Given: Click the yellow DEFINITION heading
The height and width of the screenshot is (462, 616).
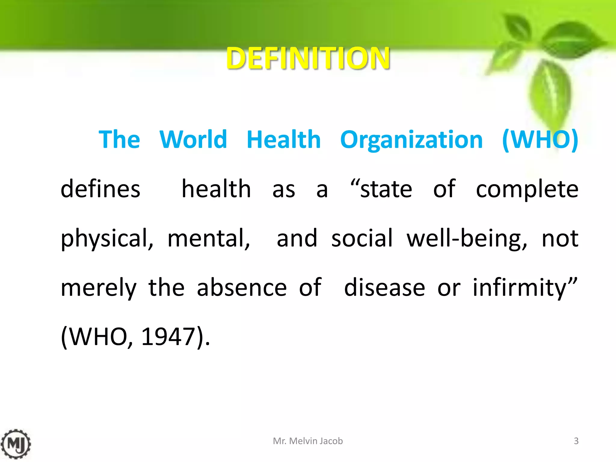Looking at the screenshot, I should pos(308,58).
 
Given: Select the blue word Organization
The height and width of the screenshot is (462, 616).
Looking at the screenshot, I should pos(411,140).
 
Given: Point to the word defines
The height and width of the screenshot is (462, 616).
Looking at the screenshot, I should pos(100,189).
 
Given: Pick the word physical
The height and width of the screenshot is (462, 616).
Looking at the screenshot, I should pos(107,239).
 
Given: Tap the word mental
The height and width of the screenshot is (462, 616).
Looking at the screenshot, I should pos(208,239).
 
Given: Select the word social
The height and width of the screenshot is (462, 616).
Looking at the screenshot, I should pos(362,238).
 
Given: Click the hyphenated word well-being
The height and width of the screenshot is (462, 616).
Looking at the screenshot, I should pos(467,239).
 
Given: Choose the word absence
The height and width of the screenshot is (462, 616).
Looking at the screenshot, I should pos(242,287).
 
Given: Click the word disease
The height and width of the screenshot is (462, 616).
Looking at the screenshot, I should pos(384,287).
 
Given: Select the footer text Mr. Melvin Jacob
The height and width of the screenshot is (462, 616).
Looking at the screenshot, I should pos(308,441).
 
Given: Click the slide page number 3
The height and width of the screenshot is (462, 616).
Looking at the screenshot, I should pos(576,441).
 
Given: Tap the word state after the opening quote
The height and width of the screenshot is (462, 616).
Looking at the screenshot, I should pos(386,189).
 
